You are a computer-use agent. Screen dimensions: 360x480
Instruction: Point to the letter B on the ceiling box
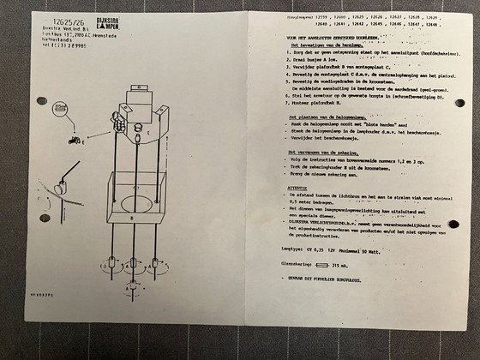point(132,218)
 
